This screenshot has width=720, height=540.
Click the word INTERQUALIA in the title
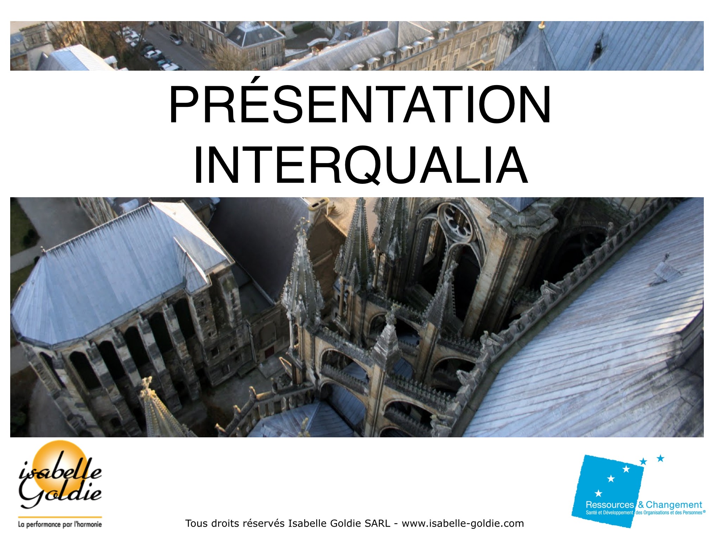point(361,165)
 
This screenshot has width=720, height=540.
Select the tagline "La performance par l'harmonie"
point(60,524)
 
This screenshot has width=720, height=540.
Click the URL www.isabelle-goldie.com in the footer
point(463,524)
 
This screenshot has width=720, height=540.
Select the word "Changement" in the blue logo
point(674,505)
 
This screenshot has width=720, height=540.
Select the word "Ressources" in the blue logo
point(610,505)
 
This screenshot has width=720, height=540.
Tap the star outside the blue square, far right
point(661,458)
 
